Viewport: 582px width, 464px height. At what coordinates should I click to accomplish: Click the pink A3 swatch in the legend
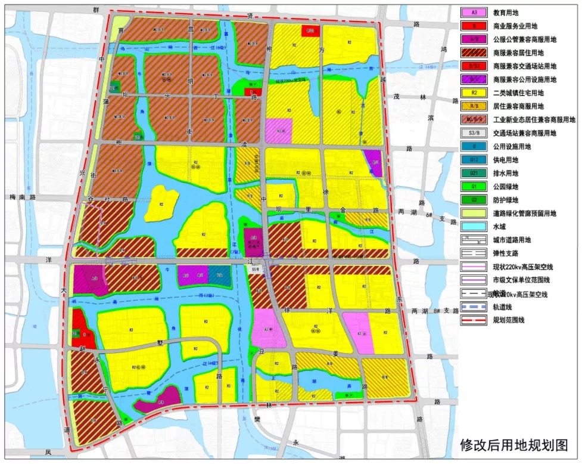(474, 13)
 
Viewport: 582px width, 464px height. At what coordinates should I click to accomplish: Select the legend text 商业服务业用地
(516, 26)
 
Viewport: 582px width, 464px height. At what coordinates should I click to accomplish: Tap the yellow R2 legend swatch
(474, 93)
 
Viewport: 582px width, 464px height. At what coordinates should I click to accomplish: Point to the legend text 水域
(500, 227)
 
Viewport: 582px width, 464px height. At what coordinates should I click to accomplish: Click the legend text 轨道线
(503, 308)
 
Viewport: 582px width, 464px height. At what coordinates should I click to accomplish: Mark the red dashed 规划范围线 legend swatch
(474, 321)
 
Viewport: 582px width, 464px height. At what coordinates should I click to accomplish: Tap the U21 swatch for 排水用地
(474, 174)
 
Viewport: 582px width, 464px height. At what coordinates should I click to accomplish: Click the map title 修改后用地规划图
(513, 445)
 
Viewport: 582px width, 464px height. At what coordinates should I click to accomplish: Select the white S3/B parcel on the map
(256, 270)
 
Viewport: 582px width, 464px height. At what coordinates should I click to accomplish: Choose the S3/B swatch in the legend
(474, 133)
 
